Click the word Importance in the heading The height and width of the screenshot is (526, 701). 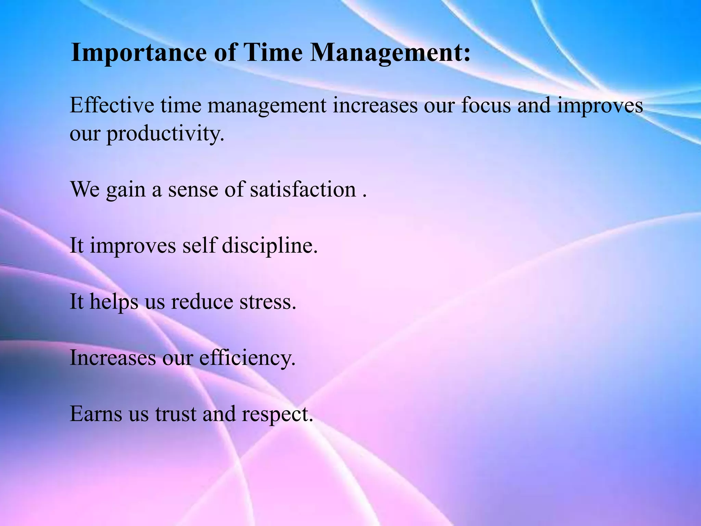(x=138, y=53)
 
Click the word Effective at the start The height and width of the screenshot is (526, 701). (x=112, y=105)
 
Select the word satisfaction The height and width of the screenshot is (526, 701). (x=303, y=189)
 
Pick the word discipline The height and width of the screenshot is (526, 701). (x=269, y=246)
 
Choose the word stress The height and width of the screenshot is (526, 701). (x=267, y=302)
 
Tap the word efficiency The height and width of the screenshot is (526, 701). (x=247, y=358)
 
